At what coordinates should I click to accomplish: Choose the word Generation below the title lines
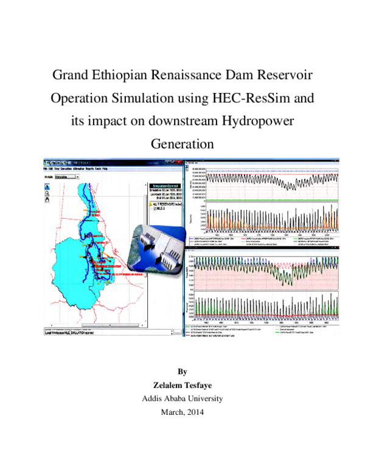[182, 144]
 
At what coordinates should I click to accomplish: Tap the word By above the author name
[182, 371]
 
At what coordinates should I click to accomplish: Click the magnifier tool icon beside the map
[47, 193]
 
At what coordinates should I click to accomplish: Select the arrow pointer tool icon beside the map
[47, 187]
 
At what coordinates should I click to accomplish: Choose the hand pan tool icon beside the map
[47, 200]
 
